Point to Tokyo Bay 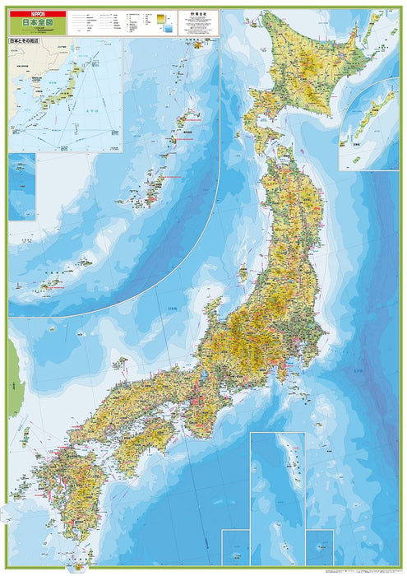click(x=290, y=359)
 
